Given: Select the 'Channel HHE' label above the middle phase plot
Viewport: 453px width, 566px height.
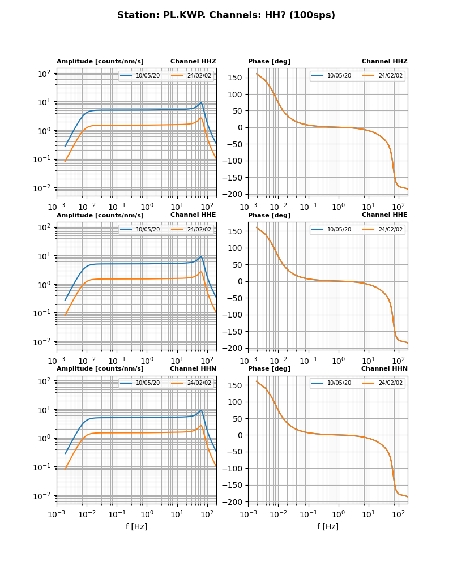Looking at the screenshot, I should pyautogui.click(x=384, y=215).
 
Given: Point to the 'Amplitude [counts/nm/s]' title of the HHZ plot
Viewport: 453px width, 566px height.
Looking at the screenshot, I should pyautogui.click(x=100, y=62).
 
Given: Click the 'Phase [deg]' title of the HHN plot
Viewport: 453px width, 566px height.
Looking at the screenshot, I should pyautogui.click(x=269, y=369).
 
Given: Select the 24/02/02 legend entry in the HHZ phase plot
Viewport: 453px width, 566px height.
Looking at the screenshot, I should pyautogui.click(x=390, y=76).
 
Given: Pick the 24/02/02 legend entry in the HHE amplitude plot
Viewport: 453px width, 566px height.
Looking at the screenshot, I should pyautogui.click(x=199, y=229).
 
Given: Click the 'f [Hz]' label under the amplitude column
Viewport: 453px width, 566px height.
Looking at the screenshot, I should pyautogui.click(x=136, y=526).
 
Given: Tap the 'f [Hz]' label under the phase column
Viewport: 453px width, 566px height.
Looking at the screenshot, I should pyautogui.click(x=328, y=526).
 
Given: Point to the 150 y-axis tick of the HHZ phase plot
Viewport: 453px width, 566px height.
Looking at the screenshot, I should pyautogui.click(x=236, y=78).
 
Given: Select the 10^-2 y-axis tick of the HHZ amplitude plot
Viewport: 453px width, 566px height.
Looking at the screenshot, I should pyautogui.click(x=44, y=188).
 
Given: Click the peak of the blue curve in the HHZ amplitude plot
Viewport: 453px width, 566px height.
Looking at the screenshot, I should pyautogui.click(x=201, y=103).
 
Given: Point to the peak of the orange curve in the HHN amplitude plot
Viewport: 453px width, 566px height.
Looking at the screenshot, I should pyautogui.click(x=201, y=426).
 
